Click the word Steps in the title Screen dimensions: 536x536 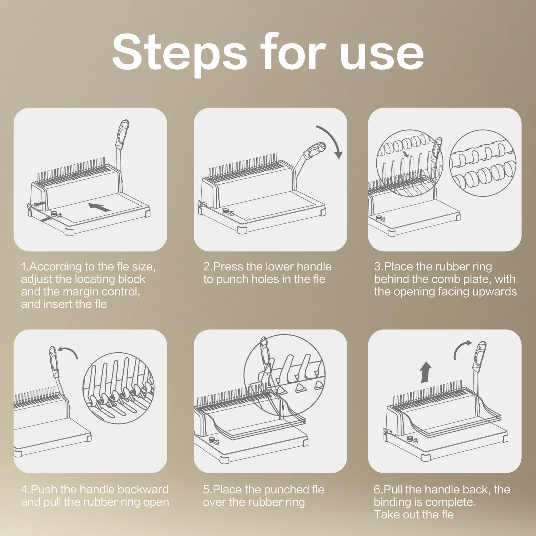179,52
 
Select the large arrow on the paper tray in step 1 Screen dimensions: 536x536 99,207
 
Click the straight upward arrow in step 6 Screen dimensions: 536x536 426,372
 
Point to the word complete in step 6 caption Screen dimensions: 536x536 450,502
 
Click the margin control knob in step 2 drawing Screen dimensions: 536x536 226,211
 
